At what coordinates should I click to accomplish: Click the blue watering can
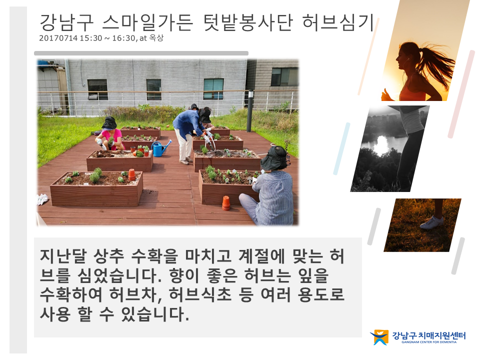pyautogui.click(x=160, y=149)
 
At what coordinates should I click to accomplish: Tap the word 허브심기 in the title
pyautogui.click(x=338, y=22)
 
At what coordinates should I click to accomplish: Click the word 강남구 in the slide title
pyautogui.click(x=66, y=22)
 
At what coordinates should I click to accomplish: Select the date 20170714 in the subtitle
pyautogui.click(x=58, y=38)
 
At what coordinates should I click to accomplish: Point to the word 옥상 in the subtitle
pyautogui.click(x=156, y=38)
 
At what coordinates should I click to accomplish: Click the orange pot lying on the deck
pyautogui.click(x=226, y=203)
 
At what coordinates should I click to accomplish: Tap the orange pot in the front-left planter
pyautogui.click(x=132, y=175)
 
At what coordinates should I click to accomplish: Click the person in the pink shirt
pyautogui.click(x=110, y=134)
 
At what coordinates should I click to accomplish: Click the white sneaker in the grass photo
pyautogui.click(x=431, y=222)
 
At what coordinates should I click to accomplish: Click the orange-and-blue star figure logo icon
pyautogui.click(x=379, y=337)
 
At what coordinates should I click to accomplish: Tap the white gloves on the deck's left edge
pyautogui.click(x=42, y=199)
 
